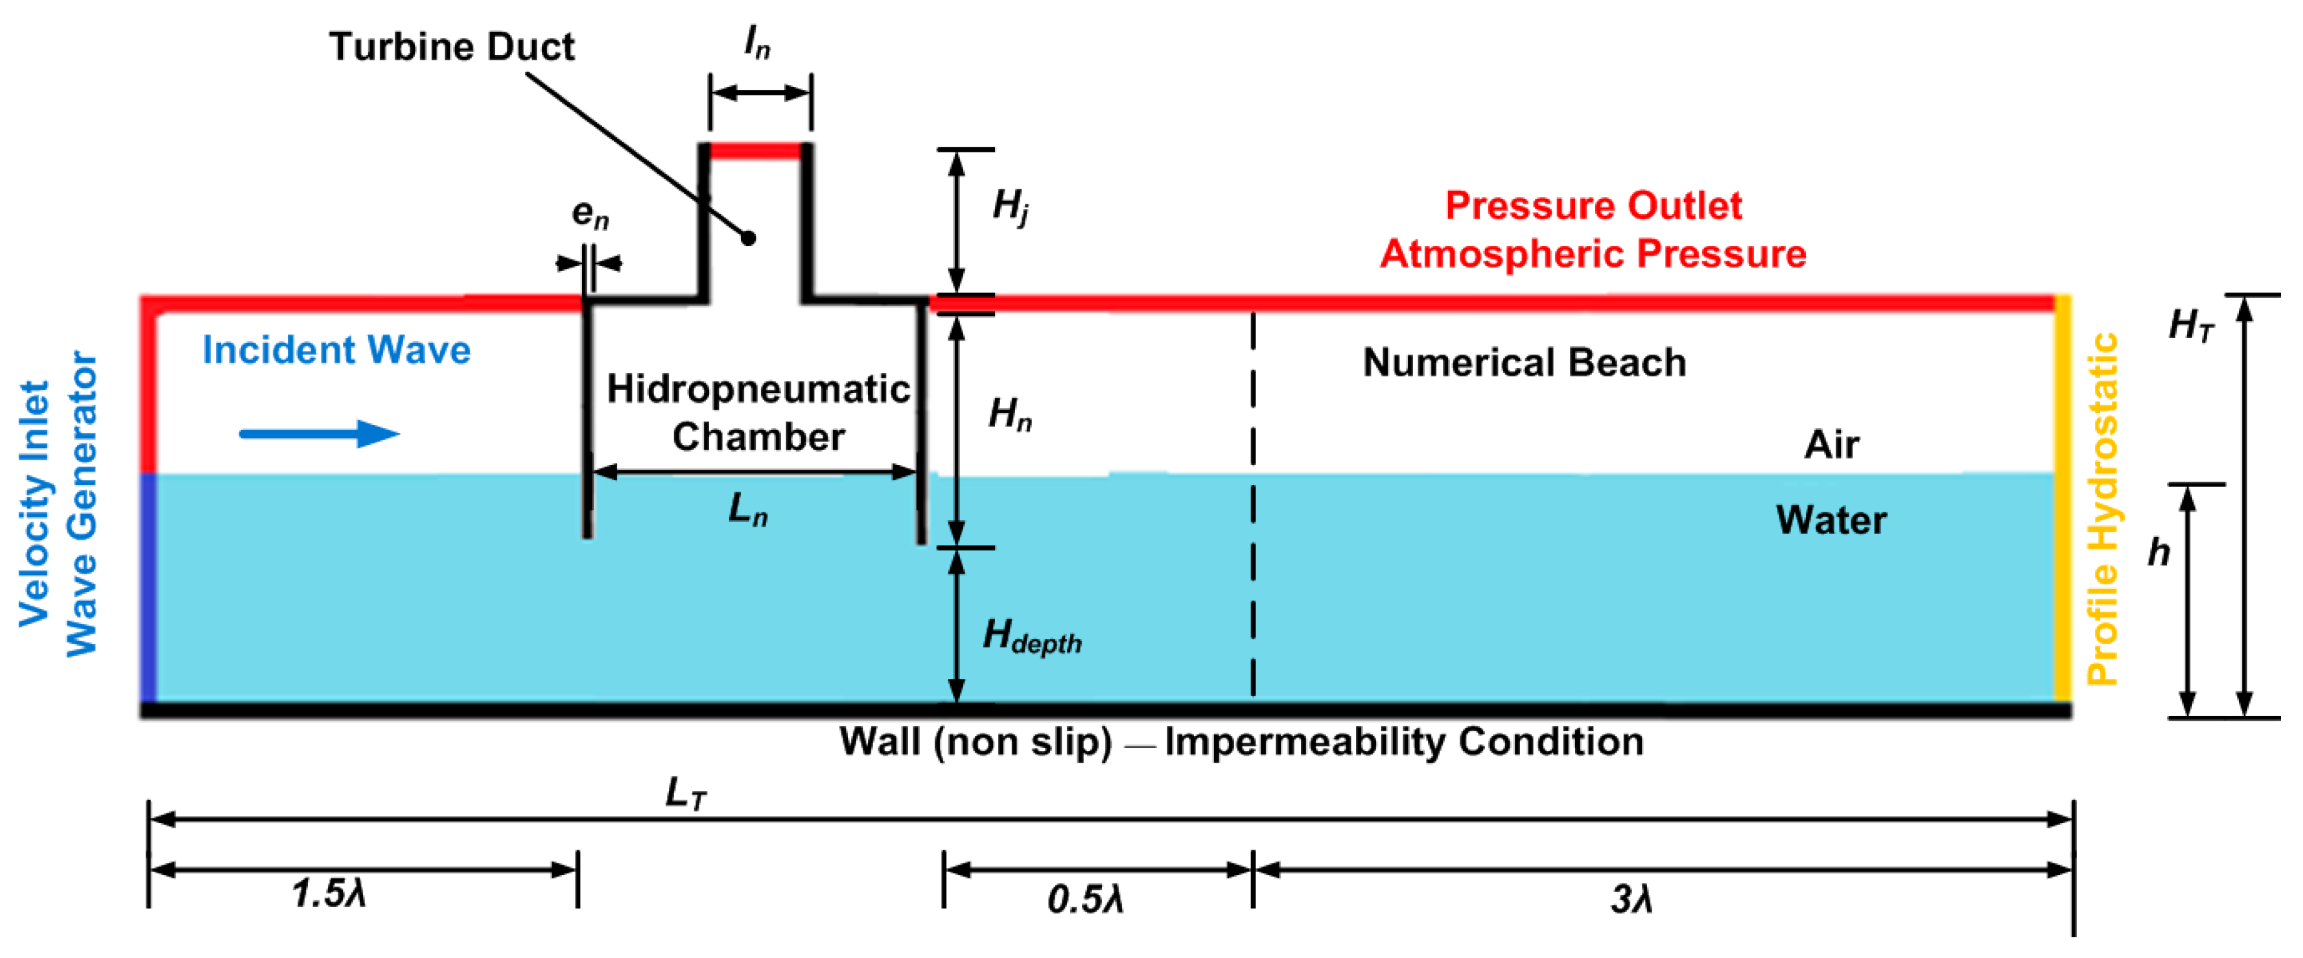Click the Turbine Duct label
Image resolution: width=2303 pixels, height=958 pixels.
pyautogui.click(x=452, y=47)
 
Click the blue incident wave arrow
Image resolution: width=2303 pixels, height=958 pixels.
pyautogui.click(x=319, y=434)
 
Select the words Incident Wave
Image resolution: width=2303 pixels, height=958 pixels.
pyautogui.click(x=336, y=350)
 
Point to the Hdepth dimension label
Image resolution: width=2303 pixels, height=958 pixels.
pyautogui.click(x=1031, y=636)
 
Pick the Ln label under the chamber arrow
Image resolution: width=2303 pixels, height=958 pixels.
pyautogui.click(x=747, y=509)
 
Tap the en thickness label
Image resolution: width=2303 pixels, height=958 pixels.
pyautogui.click(x=590, y=214)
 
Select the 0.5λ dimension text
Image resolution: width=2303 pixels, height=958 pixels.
pyautogui.click(x=1084, y=899)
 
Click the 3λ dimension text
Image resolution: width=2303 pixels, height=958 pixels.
pyautogui.click(x=1631, y=899)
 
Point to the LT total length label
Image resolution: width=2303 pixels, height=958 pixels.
pyautogui.click(x=686, y=793)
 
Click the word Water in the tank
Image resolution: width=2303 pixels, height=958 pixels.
pyautogui.click(x=1831, y=520)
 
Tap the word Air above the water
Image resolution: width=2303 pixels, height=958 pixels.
pyautogui.click(x=1831, y=444)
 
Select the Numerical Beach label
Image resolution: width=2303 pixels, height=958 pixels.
pyautogui.click(x=1525, y=363)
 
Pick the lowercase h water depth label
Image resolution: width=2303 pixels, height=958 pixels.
pyautogui.click(x=2159, y=552)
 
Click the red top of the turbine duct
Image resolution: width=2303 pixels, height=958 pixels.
pyautogui.click(x=755, y=150)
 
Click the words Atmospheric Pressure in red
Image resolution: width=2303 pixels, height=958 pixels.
pyautogui.click(x=1593, y=254)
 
